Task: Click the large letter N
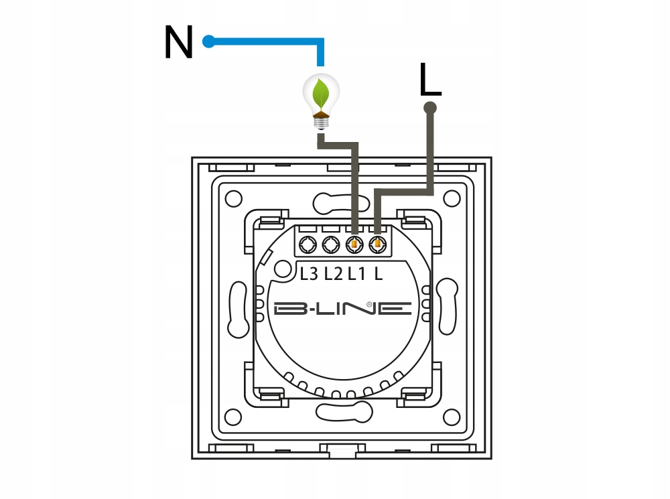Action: click(179, 42)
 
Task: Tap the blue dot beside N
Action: click(208, 42)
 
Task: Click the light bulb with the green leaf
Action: click(321, 101)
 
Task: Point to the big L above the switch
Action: click(430, 79)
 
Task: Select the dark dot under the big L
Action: click(430, 108)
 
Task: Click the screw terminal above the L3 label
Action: click(308, 245)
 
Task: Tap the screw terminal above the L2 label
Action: click(331, 245)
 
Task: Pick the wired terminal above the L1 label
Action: click(354, 245)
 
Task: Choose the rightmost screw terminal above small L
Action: click(377, 245)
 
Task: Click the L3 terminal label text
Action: click(309, 274)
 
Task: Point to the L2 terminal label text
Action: click(333, 274)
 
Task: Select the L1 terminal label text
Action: click(357, 274)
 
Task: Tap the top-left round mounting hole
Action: click(233, 199)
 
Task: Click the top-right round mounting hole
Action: click(452, 199)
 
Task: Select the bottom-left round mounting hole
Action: click(233, 417)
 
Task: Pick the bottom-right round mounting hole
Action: click(452, 417)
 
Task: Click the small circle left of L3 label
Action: click(282, 269)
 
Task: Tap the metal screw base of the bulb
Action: click(322, 123)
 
